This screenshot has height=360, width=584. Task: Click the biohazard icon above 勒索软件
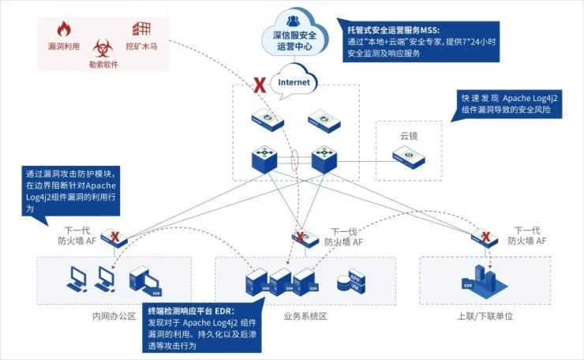click(x=104, y=47)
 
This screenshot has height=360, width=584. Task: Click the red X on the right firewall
click(x=488, y=236)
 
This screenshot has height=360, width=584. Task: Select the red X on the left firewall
click(x=116, y=236)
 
